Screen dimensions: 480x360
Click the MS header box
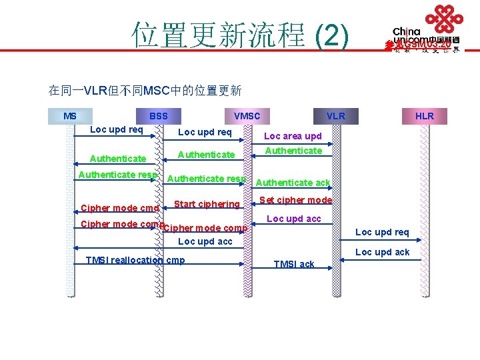pos(70,116)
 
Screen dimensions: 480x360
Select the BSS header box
pos(159,116)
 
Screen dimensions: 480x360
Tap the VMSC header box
pos(247,116)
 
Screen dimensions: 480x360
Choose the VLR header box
pos(336,116)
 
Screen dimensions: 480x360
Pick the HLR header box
pos(425,116)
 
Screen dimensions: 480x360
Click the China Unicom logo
pos(427,30)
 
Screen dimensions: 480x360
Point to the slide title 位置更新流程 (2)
pos(240,35)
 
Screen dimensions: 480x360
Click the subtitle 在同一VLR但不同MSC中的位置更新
pos(145,90)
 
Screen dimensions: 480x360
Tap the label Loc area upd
pos(293,136)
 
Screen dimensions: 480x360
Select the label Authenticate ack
pos(293,183)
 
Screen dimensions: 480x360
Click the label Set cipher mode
pos(295,200)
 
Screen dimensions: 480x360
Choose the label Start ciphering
pos(207,204)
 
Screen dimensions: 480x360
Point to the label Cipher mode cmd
pos(119,208)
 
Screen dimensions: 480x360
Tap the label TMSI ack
pos(294,264)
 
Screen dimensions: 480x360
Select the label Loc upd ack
pos(383,252)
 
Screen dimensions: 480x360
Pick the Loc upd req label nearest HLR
pos(383,232)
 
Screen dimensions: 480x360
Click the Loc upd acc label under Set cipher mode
pos(294,219)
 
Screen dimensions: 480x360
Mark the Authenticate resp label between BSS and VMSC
pos(207,179)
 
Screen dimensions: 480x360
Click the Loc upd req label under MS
pos(117,129)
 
